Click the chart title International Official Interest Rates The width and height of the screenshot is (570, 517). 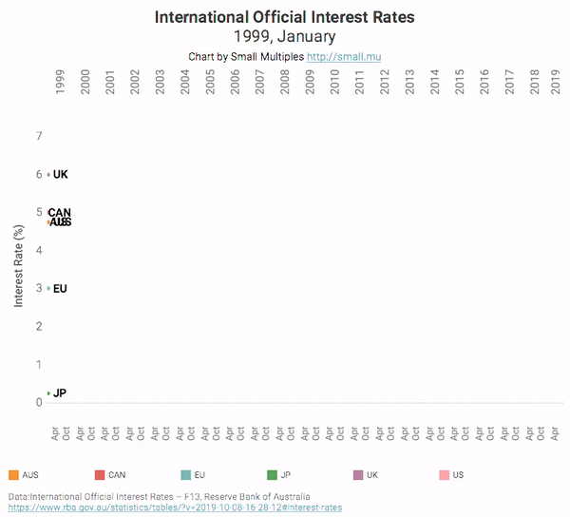pyautogui.click(x=284, y=17)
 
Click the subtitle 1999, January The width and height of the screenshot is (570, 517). pyautogui.click(x=284, y=36)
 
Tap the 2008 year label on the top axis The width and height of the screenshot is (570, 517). pyautogui.click(x=284, y=81)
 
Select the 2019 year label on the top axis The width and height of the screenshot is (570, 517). pyautogui.click(x=557, y=81)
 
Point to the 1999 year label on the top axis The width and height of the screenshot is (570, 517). pyautogui.click(x=61, y=81)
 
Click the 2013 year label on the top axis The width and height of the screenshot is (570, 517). pyautogui.click(x=408, y=81)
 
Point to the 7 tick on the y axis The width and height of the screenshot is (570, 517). pyautogui.click(x=39, y=136)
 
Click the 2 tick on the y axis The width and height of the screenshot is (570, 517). pyautogui.click(x=39, y=326)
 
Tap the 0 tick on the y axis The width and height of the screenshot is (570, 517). pyautogui.click(x=39, y=402)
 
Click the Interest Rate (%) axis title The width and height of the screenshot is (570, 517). pyautogui.click(x=19, y=266)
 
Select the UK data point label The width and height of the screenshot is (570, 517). pyautogui.click(x=61, y=175)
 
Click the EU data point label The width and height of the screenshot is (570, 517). pyautogui.click(x=60, y=289)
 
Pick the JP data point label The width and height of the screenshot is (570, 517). pyautogui.click(x=60, y=393)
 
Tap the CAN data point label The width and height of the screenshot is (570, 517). pyautogui.click(x=60, y=213)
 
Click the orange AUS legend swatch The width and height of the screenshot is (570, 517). pyautogui.click(x=12, y=474)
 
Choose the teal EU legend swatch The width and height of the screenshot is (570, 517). pyautogui.click(x=185, y=474)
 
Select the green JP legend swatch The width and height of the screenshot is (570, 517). pyautogui.click(x=272, y=474)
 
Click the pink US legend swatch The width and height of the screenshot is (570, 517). pyautogui.click(x=444, y=474)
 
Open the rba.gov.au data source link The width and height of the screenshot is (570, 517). pyautogui.click(x=175, y=507)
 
